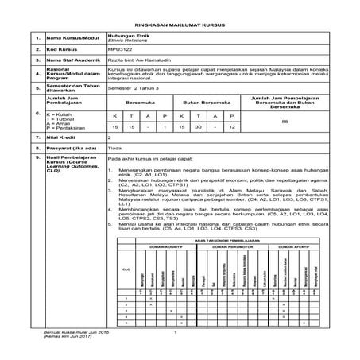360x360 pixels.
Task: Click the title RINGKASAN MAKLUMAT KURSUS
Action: [x=179, y=25]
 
